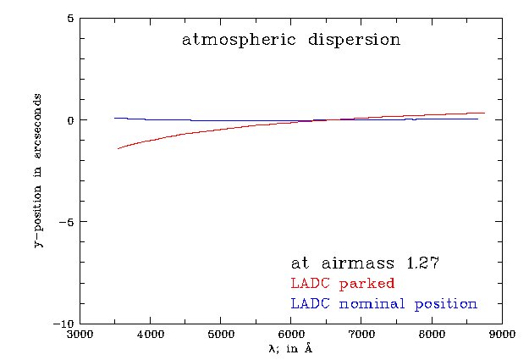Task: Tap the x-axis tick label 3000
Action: [x=80, y=335]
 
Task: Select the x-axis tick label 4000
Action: [x=150, y=335]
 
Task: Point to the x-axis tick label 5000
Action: [x=220, y=335]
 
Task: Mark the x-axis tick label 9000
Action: [x=502, y=335]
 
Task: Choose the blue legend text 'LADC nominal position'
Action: [x=383, y=303]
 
